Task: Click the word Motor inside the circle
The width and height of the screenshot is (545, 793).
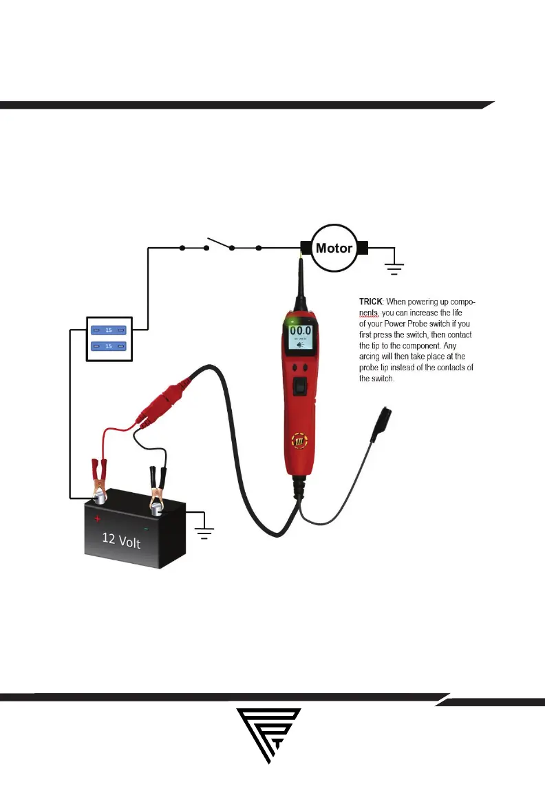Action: click(x=334, y=249)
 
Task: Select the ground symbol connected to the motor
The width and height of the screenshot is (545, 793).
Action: click(x=394, y=267)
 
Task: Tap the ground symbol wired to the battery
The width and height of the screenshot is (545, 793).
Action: click(x=205, y=530)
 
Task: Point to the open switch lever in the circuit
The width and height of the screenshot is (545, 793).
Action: click(x=220, y=244)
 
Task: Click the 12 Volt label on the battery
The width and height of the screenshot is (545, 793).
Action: click(x=121, y=542)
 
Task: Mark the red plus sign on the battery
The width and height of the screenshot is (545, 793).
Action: click(x=98, y=518)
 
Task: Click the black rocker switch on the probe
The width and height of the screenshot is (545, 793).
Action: click(x=300, y=388)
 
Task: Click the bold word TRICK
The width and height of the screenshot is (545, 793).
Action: click(x=372, y=302)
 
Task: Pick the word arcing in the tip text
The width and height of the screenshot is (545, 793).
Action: click(x=372, y=356)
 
